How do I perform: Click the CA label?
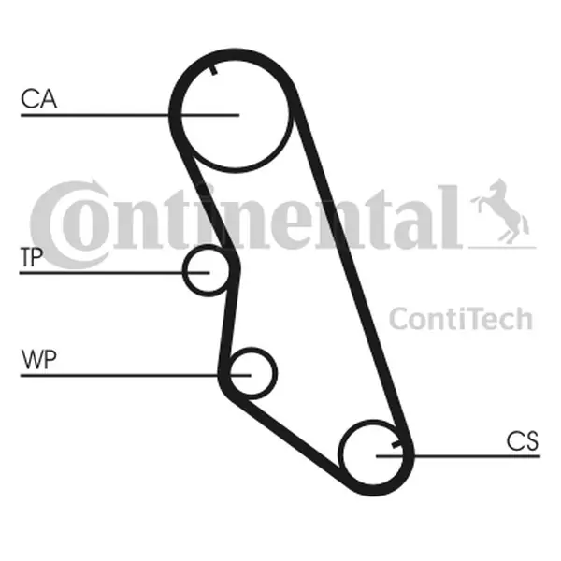[38, 99]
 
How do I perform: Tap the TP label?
[32, 256]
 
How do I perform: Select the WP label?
[38, 359]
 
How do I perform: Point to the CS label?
[523, 440]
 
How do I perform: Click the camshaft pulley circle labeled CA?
[235, 114]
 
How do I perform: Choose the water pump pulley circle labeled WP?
[252, 373]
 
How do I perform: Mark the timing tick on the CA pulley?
[213, 70]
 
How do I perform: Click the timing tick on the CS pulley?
[397, 444]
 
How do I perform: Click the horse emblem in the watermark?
[500, 211]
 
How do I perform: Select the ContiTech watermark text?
[461, 319]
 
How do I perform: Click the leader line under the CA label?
[130, 115]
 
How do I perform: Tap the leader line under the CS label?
[458, 456]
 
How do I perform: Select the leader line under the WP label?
[136, 375]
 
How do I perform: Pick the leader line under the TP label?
[114, 273]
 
